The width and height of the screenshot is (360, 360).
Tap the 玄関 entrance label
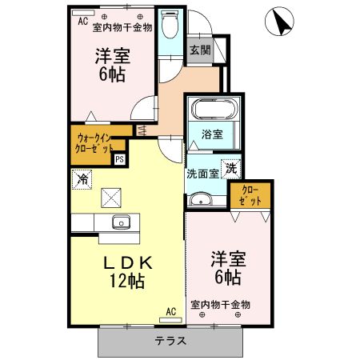click(x=199, y=50)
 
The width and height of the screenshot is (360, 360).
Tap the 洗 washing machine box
click(x=230, y=170)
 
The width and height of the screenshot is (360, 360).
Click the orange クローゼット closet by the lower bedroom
click(x=250, y=196)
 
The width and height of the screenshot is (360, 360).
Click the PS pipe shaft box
click(x=119, y=159)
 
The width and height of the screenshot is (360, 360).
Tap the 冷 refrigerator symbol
click(x=82, y=179)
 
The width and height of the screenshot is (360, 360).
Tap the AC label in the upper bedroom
click(x=82, y=22)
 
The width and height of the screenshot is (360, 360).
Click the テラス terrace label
click(x=171, y=340)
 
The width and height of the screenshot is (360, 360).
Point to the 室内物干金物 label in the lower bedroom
click(x=221, y=305)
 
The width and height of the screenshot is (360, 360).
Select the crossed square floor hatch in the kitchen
click(x=111, y=197)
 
